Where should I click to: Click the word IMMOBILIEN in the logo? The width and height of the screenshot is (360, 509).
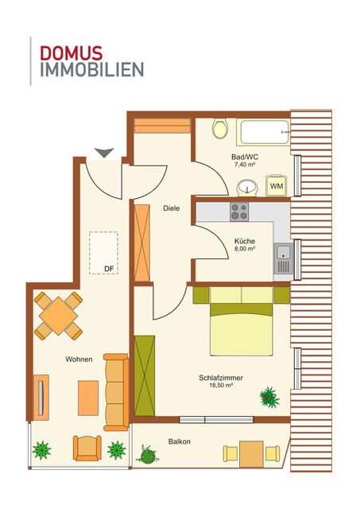point(91,69)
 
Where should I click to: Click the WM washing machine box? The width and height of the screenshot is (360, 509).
point(277,186)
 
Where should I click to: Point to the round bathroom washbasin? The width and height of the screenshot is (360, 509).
point(247,188)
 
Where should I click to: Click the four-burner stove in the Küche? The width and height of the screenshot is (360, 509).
point(239,212)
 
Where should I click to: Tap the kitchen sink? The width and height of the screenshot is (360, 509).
point(282,258)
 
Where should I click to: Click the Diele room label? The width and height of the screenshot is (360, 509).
point(171,208)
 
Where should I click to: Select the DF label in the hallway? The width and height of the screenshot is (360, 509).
point(109,269)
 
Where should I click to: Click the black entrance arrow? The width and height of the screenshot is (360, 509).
point(103,152)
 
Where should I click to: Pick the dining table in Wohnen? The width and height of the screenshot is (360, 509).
point(57,316)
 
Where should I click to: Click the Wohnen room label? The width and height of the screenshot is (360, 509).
point(79,359)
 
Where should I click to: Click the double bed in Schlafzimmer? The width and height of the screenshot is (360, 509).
point(242,326)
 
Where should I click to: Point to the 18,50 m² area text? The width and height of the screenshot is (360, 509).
point(221,385)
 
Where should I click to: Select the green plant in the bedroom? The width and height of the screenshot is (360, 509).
point(268,394)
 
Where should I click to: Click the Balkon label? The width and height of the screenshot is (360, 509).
point(179,441)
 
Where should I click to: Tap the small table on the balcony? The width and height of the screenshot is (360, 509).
point(251,454)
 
